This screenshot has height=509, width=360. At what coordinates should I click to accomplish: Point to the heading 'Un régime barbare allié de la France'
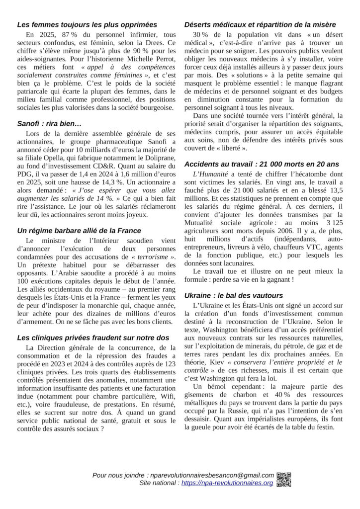click(79, 231)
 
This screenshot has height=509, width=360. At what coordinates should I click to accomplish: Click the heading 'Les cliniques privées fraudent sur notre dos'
click(93, 338)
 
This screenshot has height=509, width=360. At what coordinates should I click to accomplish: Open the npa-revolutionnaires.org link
click(227, 483)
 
